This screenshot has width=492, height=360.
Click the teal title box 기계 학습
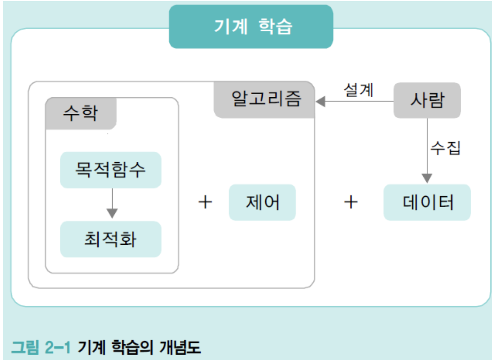click(x=251, y=26)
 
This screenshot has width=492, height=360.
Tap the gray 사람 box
click(x=427, y=101)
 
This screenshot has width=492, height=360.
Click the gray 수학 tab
click(x=80, y=113)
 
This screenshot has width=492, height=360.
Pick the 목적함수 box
click(x=110, y=170)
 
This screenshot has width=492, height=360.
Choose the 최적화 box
click(x=110, y=239)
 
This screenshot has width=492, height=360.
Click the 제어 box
click(x=262, y=202)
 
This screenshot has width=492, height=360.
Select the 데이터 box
click(x=427, y=202)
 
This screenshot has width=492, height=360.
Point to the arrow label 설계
click(x=358, y=90)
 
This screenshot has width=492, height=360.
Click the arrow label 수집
click(x=446, y=147)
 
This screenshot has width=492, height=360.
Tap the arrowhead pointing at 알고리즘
click(x=320, y=101)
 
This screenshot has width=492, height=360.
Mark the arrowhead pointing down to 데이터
click(x=427, y=178)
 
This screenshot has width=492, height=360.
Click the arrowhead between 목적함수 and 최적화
click(x=112, y=213)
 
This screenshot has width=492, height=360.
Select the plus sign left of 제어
click(x=205, y=202)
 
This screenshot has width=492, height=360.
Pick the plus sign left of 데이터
click(x=351, y=202)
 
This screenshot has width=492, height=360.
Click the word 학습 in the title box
click(x=275, y=26)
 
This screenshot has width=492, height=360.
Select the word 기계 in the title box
click(x=231, y=26)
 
